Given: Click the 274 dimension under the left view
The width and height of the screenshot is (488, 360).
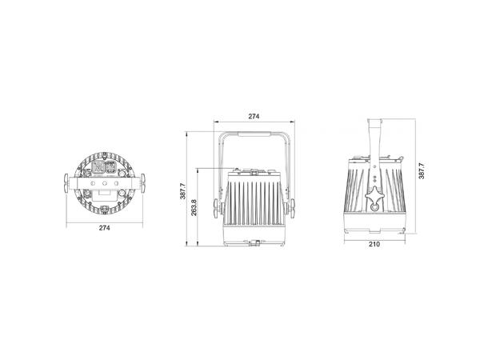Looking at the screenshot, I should click(x=104, y=229).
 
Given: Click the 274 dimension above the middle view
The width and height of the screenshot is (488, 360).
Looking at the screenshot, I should click(x=254, y=117).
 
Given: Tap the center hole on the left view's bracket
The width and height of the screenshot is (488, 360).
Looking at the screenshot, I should click(x=104, y=182).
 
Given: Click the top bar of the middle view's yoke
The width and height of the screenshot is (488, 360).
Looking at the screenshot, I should click(x=254, y=132).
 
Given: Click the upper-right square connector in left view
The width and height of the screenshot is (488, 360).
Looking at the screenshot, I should click(x=111, y=166).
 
